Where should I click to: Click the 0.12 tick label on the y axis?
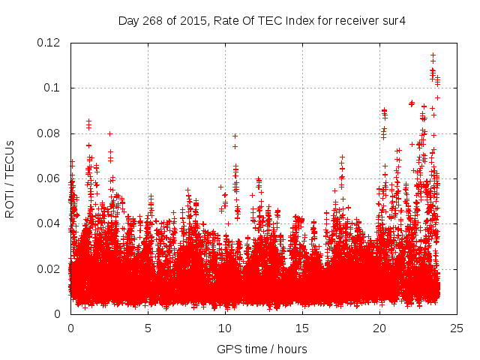point(51,43)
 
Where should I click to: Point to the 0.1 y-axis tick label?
point(54,88)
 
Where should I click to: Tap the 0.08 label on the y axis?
point(51,133)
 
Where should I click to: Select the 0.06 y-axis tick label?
point(51,178)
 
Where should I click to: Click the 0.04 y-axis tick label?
point(51,223)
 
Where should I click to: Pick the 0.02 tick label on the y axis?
point(51,269)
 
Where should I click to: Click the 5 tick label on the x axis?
point(148,328)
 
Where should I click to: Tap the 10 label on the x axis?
point(225,328)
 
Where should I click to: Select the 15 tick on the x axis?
point(302,328)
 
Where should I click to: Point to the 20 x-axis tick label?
point(379,328)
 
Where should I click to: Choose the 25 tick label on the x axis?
point(457,328)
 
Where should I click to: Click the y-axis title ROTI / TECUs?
point(10,178)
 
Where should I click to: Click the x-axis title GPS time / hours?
point(262,349)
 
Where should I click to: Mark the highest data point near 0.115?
point(433,55)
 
